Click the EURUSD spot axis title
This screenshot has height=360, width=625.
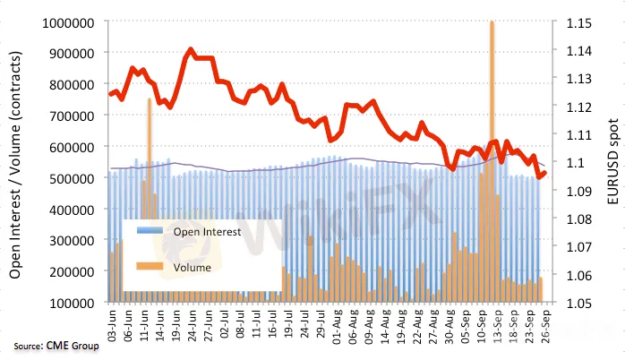tap(612, 162)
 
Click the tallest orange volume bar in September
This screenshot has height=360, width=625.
tap(492, 161)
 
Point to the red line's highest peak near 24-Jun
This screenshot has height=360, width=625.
tap(192, 50)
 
